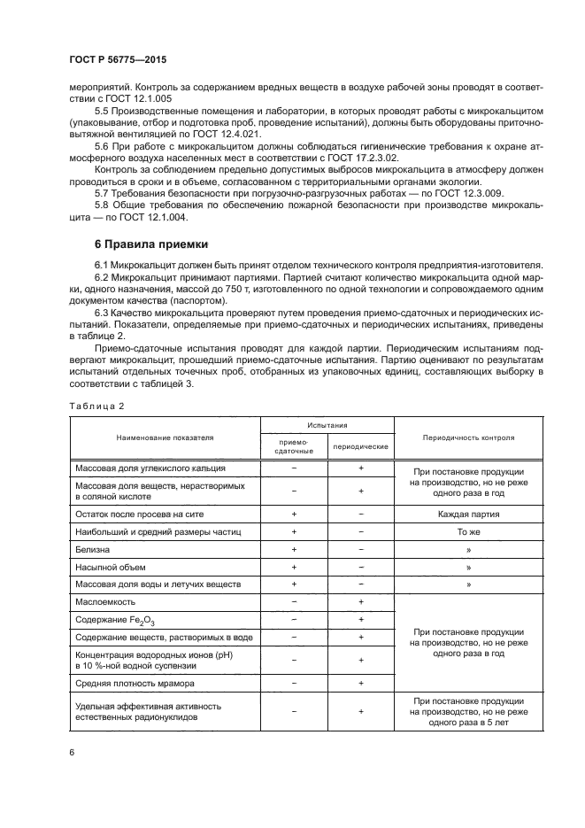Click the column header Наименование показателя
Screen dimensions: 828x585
pyautogui.click(x=164, y=437)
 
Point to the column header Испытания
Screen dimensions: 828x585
pyautogui.click(x=327, y=426)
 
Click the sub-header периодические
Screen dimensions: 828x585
pyautogui.click(x=360, y=446)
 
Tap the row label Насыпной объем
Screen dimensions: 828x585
pyautogui.click(x=110, y=567)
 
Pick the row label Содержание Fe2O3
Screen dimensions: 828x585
pyautogui.click(x=109, y=620)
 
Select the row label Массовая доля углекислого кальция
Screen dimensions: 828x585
pyautogui.click(x=150, y=467)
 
